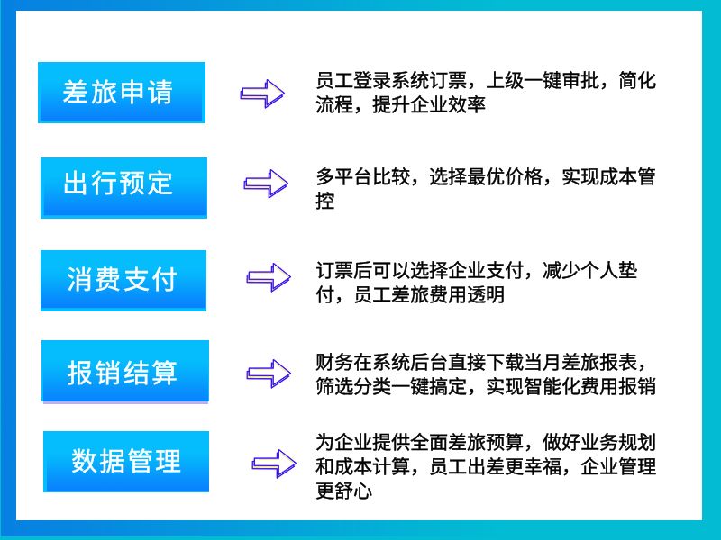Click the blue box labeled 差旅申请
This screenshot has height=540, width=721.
click(122, 93)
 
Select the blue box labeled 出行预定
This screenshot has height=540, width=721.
click(123, 187)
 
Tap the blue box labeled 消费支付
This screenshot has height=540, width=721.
click(123, 281)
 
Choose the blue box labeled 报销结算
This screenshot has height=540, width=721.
click(125, 372)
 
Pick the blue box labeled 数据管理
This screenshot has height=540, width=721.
click(126, 462)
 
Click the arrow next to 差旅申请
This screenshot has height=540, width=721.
click(262, 94)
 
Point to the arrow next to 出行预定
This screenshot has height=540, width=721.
click(266, 184)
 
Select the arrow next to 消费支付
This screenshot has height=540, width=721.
click(269, 277)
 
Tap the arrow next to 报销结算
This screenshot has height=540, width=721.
click(269, 373)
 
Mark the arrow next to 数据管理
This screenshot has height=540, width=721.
click(274, 463)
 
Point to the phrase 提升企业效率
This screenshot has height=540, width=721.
click(429, 104)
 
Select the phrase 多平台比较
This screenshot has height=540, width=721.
click(363, 176)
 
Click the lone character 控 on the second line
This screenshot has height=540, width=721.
click(325, 201)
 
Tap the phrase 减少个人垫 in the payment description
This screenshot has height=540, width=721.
click(590, 270)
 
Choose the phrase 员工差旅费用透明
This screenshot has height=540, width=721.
click(429, 294)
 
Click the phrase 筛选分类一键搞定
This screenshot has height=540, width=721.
click(391, 386)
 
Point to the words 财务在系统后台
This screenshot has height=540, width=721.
click(372, 362)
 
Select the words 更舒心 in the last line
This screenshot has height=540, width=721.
click(343, 490)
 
